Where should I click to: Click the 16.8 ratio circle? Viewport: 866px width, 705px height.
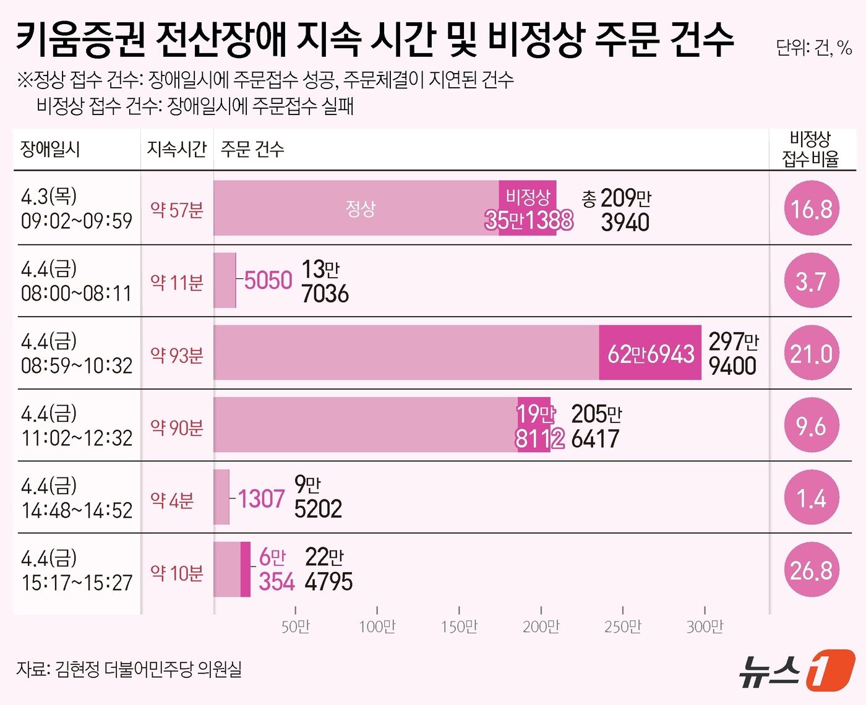(x=811, y=209)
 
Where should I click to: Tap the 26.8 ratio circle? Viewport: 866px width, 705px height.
(x=811, y=570)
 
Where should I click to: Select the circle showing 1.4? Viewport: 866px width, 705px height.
(x=811, y=498)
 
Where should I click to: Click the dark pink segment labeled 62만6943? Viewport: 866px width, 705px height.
(x=649, y=354)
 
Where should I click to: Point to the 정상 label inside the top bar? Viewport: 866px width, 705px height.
(x=360, y=208)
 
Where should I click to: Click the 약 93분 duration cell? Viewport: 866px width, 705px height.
(x=177, y=355)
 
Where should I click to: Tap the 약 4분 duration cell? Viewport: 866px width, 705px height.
(x=172, y=500)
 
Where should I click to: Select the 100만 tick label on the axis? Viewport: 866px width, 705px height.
(x=377, y=627)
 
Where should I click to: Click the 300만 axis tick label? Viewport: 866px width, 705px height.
(x=705, y=627)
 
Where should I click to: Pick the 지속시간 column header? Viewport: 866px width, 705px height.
(x=176, y=149)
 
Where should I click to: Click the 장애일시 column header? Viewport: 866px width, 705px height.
(x=50, y=149)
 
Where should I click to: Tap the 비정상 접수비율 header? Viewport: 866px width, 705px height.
(x=810, y=149)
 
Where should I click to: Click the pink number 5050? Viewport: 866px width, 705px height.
(x=268, y=281)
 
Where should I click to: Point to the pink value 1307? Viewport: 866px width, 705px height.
(x=261, y=498)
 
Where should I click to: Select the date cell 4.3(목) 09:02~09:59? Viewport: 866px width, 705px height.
(x=76, y=208)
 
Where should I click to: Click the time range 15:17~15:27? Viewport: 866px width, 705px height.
(x=77, y=583)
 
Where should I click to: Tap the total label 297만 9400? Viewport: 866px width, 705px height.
(x=733, y=354)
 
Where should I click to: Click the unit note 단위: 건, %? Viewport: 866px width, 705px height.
(x=813, y=48)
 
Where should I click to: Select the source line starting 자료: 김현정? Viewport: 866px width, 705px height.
(x=129, y=669)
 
